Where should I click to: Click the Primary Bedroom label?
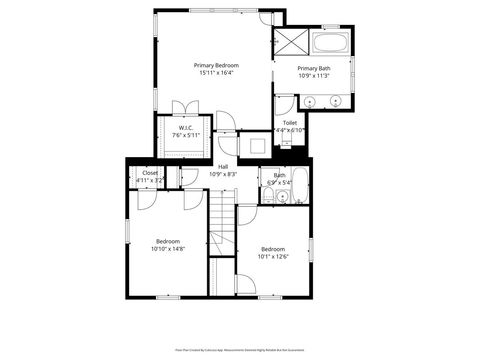(216, 65)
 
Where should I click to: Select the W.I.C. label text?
(186, 128)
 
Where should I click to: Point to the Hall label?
(223, 167)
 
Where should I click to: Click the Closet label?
(150, 173)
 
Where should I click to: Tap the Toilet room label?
(289, 122)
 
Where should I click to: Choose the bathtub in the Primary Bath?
(329, 44)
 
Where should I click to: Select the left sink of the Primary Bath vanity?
(310, 101)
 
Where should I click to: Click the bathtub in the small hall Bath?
(300, 185)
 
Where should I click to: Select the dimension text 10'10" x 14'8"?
(167, 248)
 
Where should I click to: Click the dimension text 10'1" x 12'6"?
(274, 256)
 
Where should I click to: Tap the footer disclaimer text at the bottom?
(240, 350)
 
